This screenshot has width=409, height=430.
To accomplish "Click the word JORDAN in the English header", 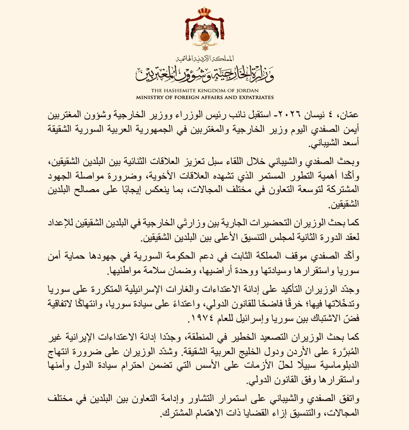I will (x=244, y=90).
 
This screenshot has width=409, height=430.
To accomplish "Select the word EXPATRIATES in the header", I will (x=254, y=97).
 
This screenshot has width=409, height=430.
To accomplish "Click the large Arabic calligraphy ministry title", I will (x=204, y=73).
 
